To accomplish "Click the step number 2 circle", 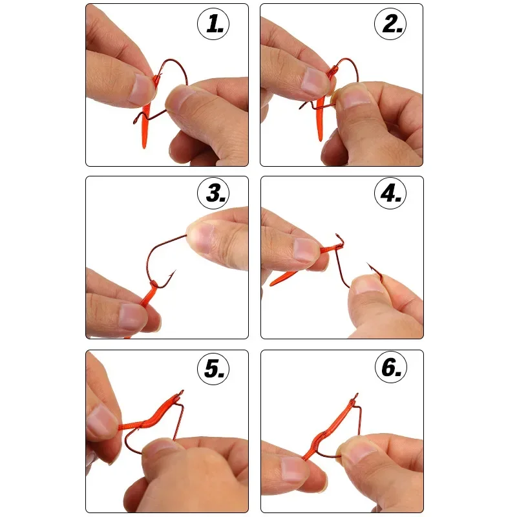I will click(390, 25).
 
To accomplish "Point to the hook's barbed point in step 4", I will click(369, 265).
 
